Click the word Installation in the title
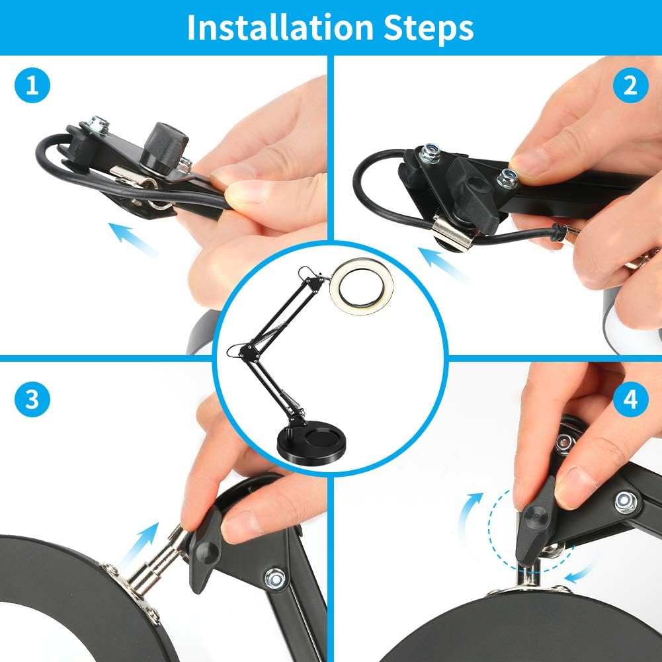pos(280,28)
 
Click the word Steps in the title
pos(428,28)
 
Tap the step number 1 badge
pos(32,85)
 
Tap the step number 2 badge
pos(630,85)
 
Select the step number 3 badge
pos(32,399)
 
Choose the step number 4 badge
pos(630,399)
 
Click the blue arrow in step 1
pos(133,240)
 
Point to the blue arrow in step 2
pos(443,265)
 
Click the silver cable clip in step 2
pos(452,232)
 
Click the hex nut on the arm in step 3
pos(274,578)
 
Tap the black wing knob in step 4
pos(534,520)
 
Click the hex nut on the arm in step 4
pos(625,502)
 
